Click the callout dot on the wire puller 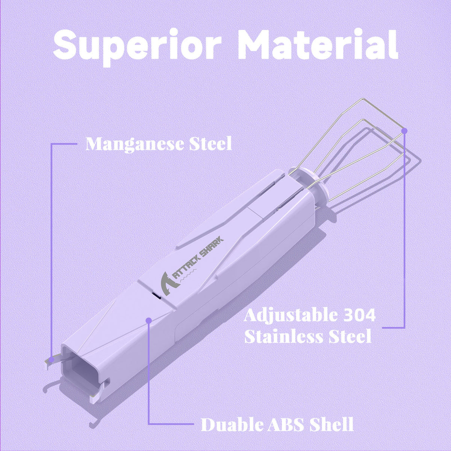[404, 130]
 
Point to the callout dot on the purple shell [148, 321]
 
